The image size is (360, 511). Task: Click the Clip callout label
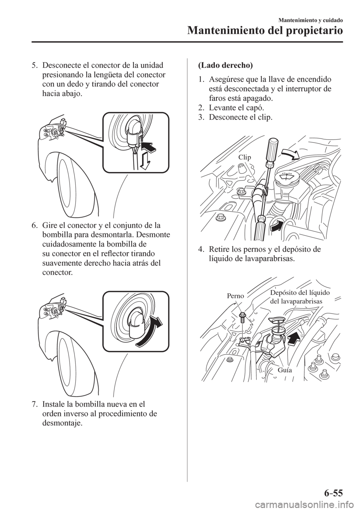click(244, 158)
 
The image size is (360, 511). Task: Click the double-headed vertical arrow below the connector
click(146, 162)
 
